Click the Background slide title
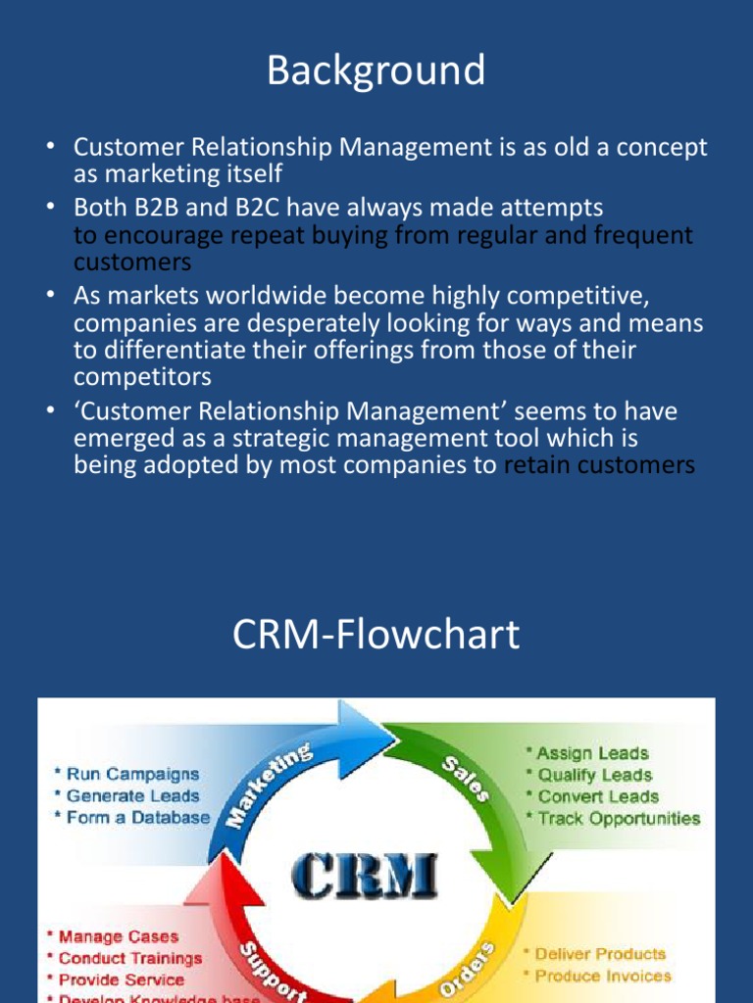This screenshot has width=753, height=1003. pos(376,71)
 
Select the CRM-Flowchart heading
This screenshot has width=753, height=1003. pos(376,636)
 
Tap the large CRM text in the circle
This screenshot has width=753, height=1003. pos(364,874)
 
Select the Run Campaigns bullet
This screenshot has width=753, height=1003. pos(126,775)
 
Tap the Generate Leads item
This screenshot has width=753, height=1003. pos(126,796)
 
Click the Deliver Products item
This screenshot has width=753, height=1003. pos(599,954)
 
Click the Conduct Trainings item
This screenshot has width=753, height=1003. pos(125,959)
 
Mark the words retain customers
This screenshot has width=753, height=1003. pos(599,465)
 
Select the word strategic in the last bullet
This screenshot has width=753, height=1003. pos(295,439)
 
